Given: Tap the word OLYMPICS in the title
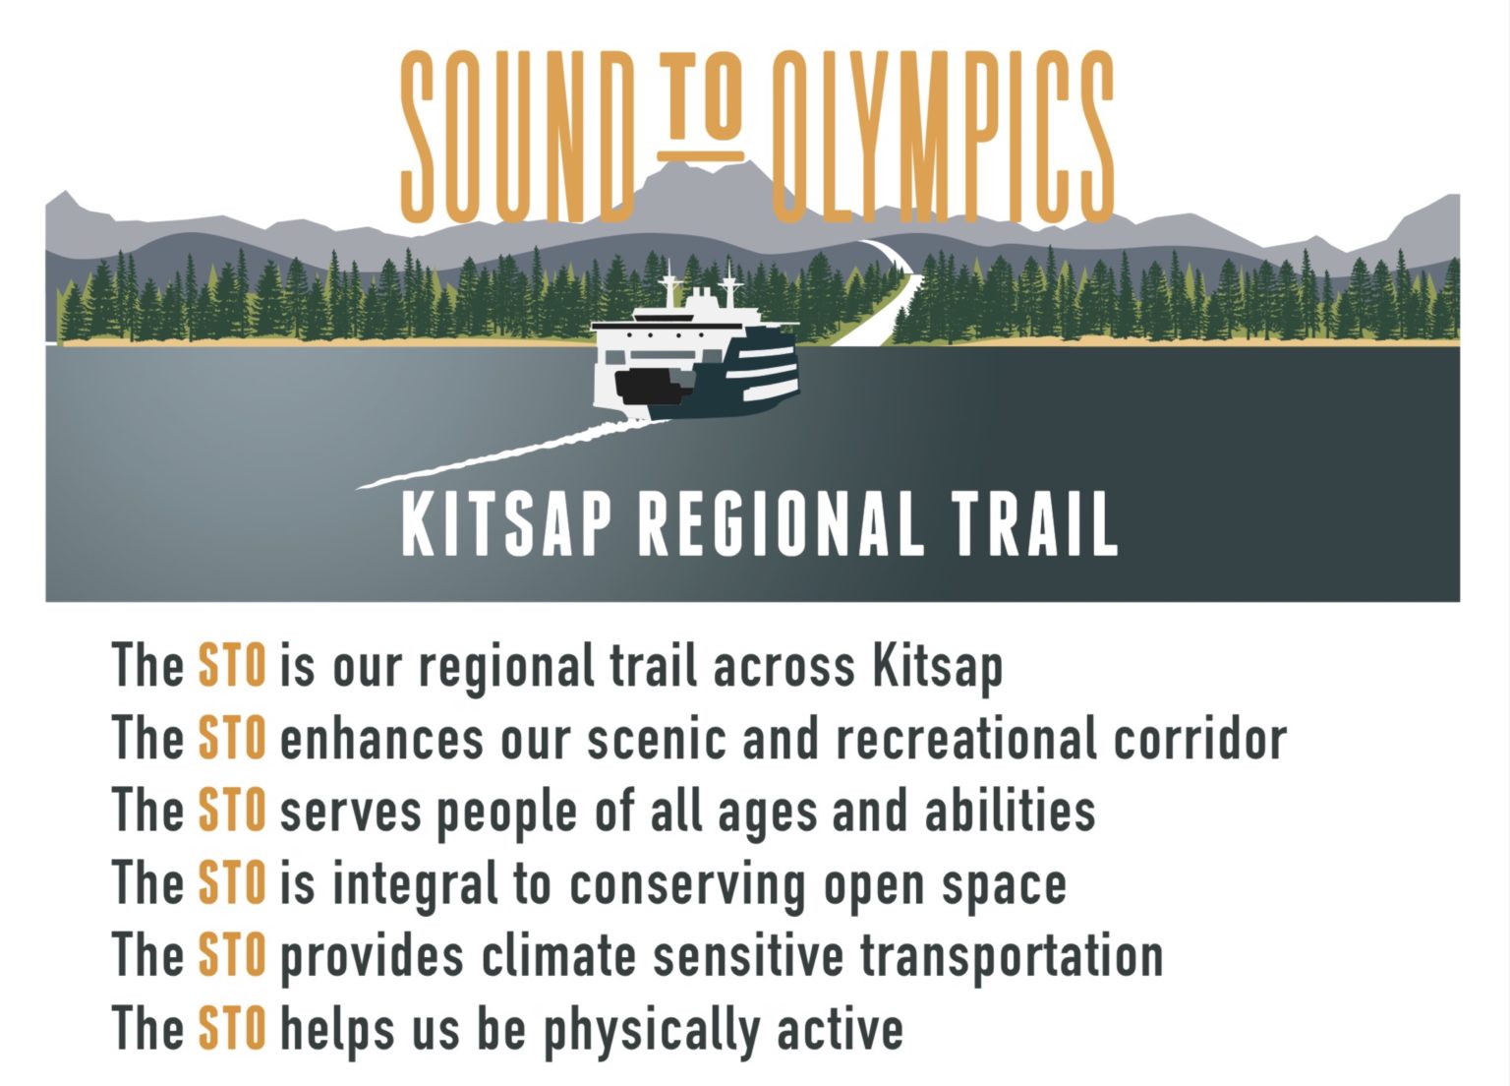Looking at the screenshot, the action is click(x=943, y=137).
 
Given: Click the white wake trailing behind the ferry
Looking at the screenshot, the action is click(x=512, y=452).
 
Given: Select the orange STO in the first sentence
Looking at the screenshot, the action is click(x=232, y=665).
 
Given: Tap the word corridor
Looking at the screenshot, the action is click(x=1200, y=739).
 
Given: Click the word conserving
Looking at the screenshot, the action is click(x=687, y=886).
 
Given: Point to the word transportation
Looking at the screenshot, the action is click(x=1012, y=958).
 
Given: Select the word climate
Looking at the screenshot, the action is click(x=558, y=956).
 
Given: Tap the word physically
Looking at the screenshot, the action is click(x=652, y=1031).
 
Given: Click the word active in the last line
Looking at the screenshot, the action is click(x=840, y=1030).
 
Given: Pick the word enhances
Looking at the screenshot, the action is click(x=381, y=740).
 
